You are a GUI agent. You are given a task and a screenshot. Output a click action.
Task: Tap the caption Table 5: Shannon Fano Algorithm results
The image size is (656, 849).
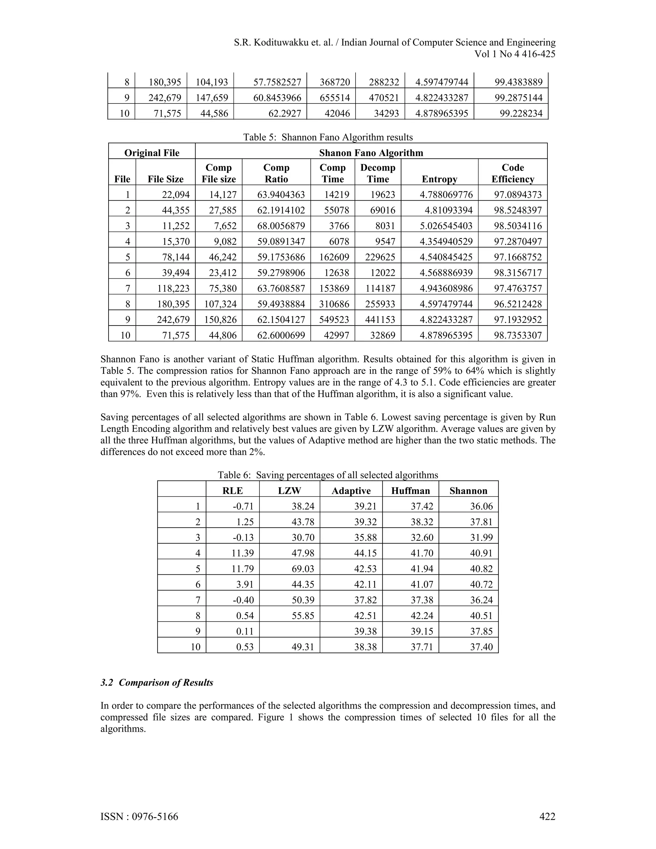point(328,137)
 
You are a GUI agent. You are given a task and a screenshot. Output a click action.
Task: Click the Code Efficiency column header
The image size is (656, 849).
point(512,173)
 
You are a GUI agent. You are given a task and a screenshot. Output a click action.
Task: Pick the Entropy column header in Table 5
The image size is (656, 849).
point(439,179)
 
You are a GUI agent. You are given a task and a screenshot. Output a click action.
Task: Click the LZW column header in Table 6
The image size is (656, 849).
point(290,490)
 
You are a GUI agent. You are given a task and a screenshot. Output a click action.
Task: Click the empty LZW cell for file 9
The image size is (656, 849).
point(290,631)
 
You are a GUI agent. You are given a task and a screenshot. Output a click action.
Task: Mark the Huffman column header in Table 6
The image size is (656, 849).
point(410,490)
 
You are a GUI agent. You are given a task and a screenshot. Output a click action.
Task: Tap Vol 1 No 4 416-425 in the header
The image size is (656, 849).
point(515,54)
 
